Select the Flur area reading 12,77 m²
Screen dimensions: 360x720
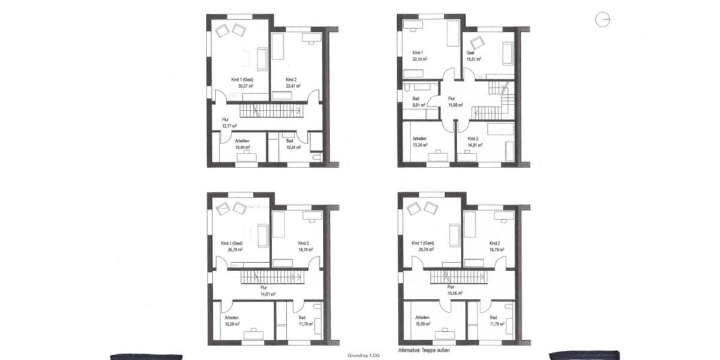tap(229, 126)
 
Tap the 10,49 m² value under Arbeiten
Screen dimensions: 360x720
tap(242, 147)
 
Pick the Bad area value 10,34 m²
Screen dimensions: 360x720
tap(293, 147)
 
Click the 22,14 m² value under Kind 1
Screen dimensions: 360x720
tap(419, 59)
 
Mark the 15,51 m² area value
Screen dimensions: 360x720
tap(474, 59)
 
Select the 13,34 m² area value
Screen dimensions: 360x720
tap(419, 145)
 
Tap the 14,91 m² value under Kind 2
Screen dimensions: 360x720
tap(475, 145)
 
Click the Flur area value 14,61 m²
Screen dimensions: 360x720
tap(267, 294)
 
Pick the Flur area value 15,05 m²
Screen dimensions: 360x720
tap(457, 294)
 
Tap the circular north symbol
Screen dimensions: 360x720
tap(602, 20)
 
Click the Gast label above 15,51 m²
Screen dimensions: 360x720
tap(471, 53)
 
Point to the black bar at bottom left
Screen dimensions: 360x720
tap(146, 356)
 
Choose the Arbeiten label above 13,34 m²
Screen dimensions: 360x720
tap(419, 138)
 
